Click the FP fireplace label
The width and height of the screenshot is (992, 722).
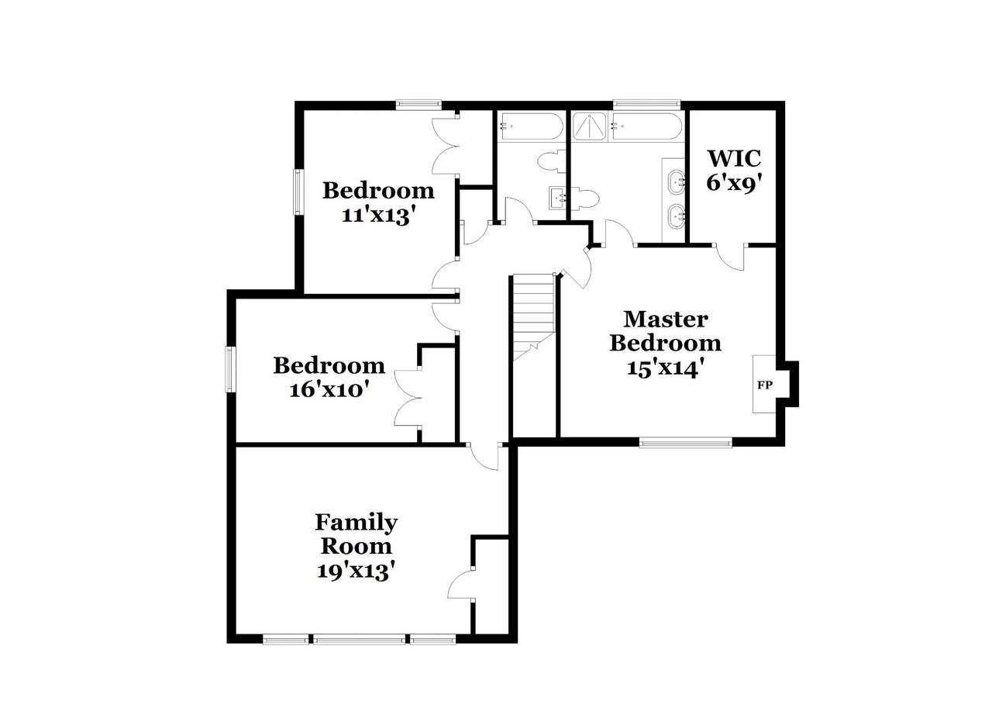coord(764,385)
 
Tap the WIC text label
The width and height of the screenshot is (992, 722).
coord(734,158)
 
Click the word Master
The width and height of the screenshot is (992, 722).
coord(666,320)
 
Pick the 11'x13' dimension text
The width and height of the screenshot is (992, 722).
coord(379,216)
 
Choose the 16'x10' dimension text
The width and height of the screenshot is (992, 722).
coord(329,390)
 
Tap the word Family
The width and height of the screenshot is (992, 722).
coord(356,523)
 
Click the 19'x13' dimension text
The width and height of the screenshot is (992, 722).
coord(356,571)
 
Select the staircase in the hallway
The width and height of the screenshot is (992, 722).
coord(534,317)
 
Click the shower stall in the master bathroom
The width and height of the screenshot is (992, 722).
coord(589,126)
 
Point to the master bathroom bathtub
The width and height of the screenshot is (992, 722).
coord(646,126)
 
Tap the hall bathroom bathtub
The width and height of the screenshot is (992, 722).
coord(530,126)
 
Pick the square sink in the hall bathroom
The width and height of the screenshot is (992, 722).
coord(557,198)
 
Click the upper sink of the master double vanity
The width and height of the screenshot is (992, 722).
coord(676,181)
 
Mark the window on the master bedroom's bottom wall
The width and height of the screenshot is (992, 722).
coord(685,442)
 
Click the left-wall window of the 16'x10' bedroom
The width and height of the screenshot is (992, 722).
coord(230,370)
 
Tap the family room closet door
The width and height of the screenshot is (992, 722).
coord(461,585)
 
